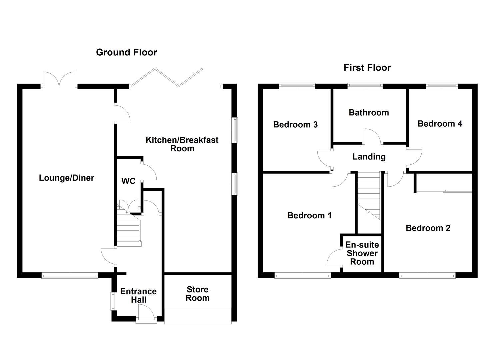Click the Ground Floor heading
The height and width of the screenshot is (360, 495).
(126, 52)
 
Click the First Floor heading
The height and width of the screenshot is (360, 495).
(367, 68)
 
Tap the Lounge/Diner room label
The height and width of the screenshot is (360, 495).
(66, 178)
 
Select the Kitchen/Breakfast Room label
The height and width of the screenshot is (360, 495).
(182, 144)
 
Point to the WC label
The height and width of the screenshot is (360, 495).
(128, 181)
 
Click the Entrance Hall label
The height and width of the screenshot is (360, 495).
(138, 295)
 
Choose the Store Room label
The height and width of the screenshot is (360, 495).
(197, 294)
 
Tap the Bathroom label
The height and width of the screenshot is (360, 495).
(369, 113)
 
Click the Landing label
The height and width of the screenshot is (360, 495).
(369, 157)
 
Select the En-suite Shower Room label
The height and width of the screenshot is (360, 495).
(362, 253)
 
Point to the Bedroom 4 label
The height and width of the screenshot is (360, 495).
(440, 124)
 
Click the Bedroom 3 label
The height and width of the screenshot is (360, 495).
(295, 125)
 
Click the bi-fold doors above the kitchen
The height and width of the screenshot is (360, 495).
(167, 77)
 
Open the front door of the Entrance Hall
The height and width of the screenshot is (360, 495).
(146, 315)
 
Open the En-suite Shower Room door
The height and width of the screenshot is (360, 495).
(334, 257)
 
